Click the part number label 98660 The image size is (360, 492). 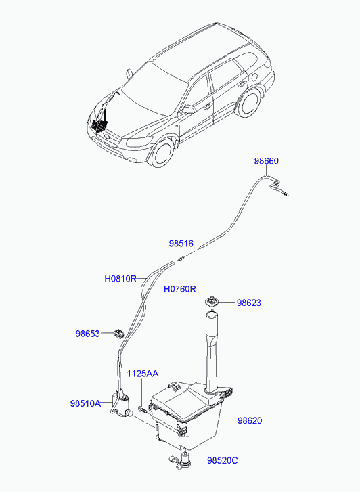click(x=266, y=161)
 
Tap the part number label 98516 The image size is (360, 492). click(x=181, y=244)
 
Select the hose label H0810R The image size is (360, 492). click(x=120, y=279)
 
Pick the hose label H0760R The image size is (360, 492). click(x=180, y=289)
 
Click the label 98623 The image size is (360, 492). click(x=249, y=303)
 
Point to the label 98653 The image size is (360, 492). click(x=87, y=334)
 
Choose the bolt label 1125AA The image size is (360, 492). click(x=143, y=374)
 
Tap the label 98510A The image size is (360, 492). click(x=85, y=403)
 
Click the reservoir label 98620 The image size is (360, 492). click(x=250, y=420)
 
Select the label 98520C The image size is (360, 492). click(x=223, y=460)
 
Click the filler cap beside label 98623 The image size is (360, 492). click(x=212, y=301)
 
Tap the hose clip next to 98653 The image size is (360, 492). click(x=118, y=334)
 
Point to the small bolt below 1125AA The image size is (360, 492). click(x=142, y=409)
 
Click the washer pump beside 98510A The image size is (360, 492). click(x=120, y=405)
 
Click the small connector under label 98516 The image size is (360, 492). click(x=181, y=259)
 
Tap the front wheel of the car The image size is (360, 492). click(x=162, y=153)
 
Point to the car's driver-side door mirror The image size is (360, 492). click(x=189, y=109)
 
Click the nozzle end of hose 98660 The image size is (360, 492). click(x=286, y=194)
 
